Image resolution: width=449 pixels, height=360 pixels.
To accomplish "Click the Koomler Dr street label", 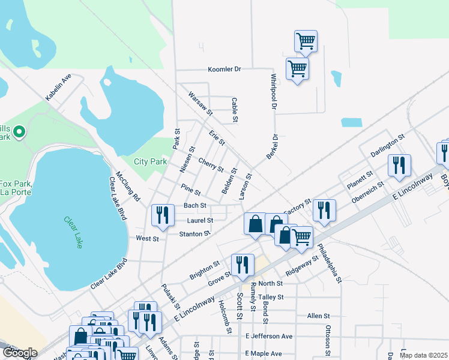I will pos(224,70).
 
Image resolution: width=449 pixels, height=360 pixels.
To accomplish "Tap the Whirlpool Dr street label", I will pos(273,92).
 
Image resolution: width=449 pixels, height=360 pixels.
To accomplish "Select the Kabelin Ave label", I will pos(58,87).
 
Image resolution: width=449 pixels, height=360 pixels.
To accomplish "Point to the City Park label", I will pos(149,161).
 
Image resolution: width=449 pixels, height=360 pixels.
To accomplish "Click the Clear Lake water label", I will pos(74,232).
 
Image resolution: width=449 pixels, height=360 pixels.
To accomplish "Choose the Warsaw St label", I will pos(200,104).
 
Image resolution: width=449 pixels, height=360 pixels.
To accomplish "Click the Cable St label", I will pos(235,107).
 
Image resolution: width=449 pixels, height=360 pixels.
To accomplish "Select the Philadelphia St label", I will pos(330,263).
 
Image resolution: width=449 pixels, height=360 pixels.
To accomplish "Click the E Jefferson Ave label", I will pos(268,337).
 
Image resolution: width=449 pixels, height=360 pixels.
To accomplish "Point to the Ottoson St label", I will pos(328,337).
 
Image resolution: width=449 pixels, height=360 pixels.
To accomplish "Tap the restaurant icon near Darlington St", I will pos(399,165).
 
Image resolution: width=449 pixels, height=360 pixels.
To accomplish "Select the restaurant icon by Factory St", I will pos(324,209).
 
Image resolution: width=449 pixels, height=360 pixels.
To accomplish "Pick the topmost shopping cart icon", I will pos(306,41).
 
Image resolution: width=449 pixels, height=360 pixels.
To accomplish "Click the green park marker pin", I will pos(19,131).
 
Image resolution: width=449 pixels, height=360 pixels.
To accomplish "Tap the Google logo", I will pos(20,353).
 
